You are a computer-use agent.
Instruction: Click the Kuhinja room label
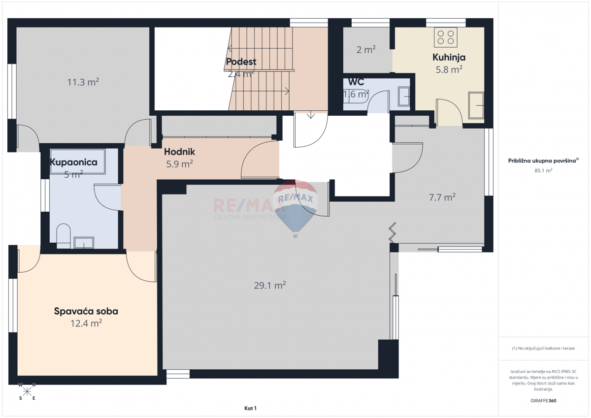point(449,57)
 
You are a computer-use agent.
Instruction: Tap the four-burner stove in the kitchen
point(446,37)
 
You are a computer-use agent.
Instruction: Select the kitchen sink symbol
point(476,105)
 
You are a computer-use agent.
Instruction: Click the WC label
point(356,82)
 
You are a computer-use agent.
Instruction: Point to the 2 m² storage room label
point(366,49)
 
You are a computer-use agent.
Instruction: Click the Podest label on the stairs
point(241,62)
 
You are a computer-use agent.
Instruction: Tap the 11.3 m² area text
point(83,82)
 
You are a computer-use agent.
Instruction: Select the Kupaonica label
point(74,162)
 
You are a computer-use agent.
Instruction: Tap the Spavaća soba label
point(86,311)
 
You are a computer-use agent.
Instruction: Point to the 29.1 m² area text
point(270,285)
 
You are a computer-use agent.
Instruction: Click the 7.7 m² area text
point(442,197)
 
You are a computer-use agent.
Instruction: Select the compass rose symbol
point(27,391)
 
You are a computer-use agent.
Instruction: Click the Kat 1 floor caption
point(250,408)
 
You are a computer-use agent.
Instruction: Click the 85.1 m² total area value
point(543,170)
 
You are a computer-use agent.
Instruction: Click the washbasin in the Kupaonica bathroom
point(83,243)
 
